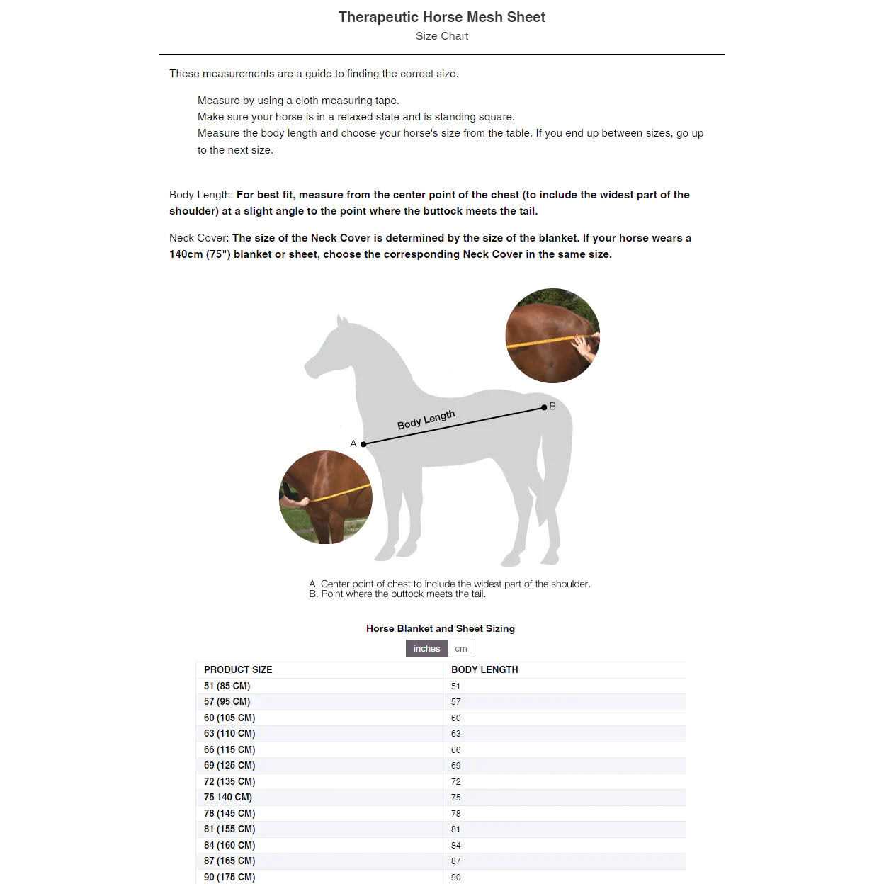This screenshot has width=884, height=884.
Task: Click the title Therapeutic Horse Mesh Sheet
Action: (441, 17)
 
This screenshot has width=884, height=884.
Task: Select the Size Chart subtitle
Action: (441, 36)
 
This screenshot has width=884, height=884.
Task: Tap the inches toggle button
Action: (426, 648)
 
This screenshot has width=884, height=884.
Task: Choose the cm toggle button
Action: (461, 648)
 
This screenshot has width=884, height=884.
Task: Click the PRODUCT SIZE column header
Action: (238, 669)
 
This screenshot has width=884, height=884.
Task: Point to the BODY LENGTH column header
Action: (484, 669)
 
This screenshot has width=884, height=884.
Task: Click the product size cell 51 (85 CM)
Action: (227, 686)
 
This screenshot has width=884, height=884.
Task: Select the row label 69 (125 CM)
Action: (229, 765)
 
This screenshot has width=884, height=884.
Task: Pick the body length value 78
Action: (456, 813)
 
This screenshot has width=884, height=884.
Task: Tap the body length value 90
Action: (456, 877)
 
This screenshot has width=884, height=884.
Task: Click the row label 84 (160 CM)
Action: (229, 845)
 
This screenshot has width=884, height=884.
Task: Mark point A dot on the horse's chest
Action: (363, 444)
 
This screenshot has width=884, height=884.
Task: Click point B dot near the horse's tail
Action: (544, 407)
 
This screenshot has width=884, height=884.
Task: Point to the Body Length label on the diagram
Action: (426, 420)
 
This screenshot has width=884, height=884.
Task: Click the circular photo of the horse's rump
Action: (552, 336)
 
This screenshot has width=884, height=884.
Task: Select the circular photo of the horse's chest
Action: (326, 497)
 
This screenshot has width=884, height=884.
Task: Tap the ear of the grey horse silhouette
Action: (341, 322)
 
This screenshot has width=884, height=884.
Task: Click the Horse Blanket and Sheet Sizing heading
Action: (441, 628)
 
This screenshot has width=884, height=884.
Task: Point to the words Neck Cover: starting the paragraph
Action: (199, 238)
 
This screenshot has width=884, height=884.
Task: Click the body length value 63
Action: (456, 734)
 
